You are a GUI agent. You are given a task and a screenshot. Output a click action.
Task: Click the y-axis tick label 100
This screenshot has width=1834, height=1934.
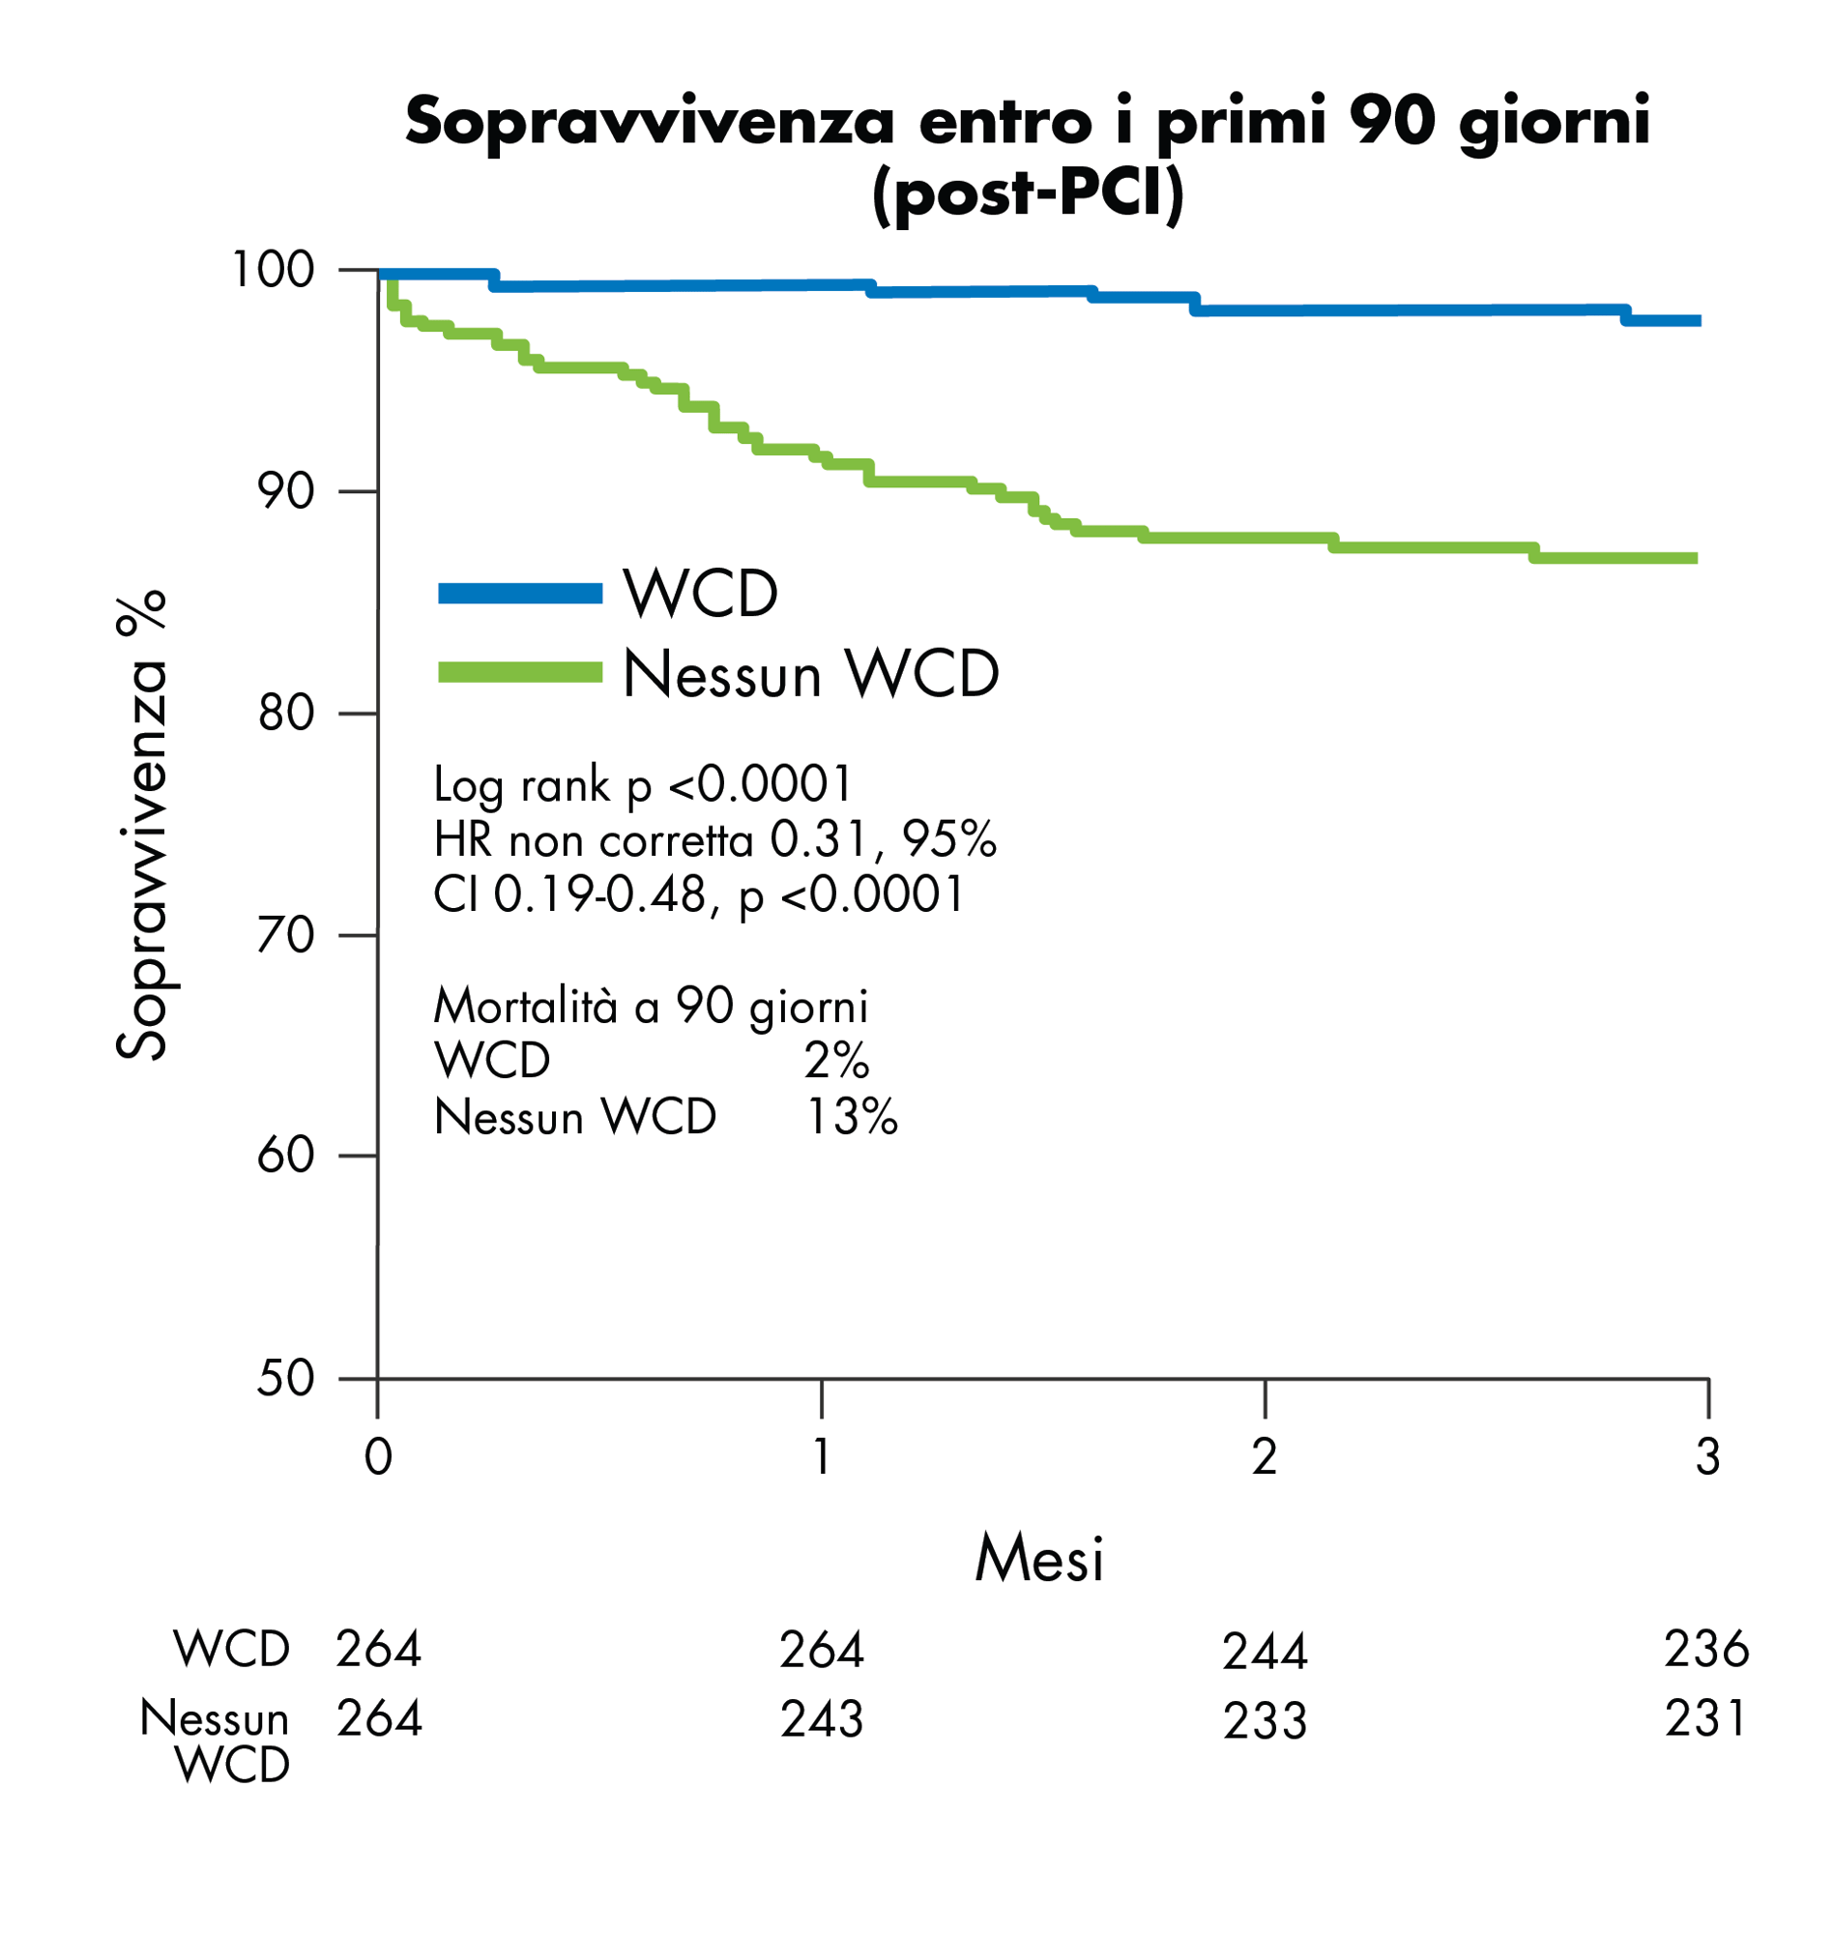click(x=272, y=270)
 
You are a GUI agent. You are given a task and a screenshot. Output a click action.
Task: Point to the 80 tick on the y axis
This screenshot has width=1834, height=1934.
click(x=286, y=714)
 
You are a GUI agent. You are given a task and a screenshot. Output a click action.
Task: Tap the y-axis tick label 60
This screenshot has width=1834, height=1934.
click(x=285, y=1157)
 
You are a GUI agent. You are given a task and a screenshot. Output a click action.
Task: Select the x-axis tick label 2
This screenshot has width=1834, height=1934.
click(x=1264, y=1458)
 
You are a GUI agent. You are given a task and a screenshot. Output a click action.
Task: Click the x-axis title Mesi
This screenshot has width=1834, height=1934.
click(x=1039, y=1559)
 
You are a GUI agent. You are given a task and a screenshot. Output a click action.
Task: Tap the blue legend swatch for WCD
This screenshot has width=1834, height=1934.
click(x=520, y=594)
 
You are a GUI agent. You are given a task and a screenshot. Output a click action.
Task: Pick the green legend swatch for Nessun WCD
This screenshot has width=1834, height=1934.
click(x=520, y=672)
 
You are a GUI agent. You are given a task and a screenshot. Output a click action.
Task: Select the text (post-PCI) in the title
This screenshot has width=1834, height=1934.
click(x=1028, y=193)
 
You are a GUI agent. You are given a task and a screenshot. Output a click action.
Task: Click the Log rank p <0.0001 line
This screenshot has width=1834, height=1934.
click(x=643, y=784)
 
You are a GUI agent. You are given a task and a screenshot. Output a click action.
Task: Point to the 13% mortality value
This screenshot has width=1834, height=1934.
click(x=851, y=1118)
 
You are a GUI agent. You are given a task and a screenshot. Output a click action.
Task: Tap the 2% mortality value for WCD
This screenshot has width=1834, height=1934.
click(x=837, y=1061)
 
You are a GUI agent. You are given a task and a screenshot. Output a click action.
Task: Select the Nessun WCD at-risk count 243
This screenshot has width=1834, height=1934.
click(x=821, y=1720)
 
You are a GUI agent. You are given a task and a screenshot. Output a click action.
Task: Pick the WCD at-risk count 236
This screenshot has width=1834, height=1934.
click(x=1706, y=1650)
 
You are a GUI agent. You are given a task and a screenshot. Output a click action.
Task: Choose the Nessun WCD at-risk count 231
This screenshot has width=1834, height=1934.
click(x=1706, y=1719)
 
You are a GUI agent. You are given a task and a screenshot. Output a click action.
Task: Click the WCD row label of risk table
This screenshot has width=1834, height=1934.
click(x=232, y=1650)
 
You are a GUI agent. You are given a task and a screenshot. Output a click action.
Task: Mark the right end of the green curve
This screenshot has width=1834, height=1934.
click(x=1697, y=558)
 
